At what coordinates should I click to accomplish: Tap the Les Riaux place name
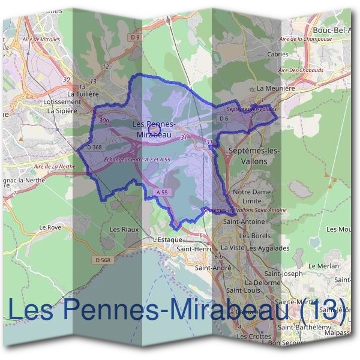tap(124, 229)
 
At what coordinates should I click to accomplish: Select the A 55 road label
tap(160, 192)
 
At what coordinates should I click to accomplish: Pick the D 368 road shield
tap(95, 147)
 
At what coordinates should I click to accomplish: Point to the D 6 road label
tap(225, 119)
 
